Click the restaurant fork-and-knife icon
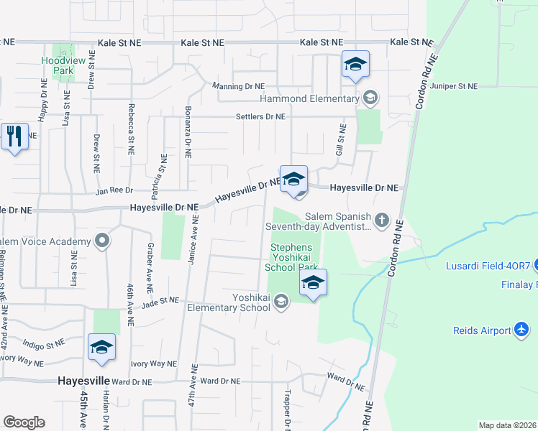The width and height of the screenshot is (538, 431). pyautogui.click(x=14, y=135)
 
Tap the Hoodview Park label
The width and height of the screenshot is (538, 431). pyautogui.click(x=58, y=66)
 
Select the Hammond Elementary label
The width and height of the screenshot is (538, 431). pyautogui.click(x=309, y=98)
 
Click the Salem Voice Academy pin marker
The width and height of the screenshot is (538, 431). pyautogui.click(x=104, y=241)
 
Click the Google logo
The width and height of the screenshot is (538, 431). pyautogui.click(x=24, y=422)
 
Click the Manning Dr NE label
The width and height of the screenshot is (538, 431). pyautogui.click(x=239, y=86)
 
